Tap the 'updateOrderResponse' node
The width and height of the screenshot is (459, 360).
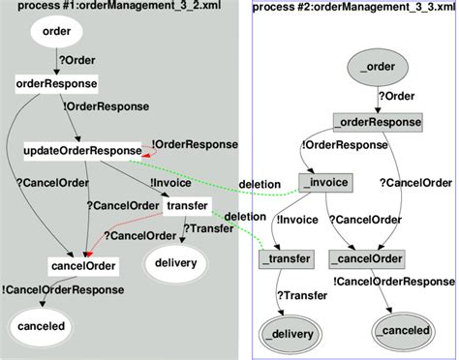point(81,151)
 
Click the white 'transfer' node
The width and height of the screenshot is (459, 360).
point(187,206)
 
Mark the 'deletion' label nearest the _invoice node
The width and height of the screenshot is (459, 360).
point(260,184)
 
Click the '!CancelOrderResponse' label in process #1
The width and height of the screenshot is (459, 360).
point(63,288)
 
